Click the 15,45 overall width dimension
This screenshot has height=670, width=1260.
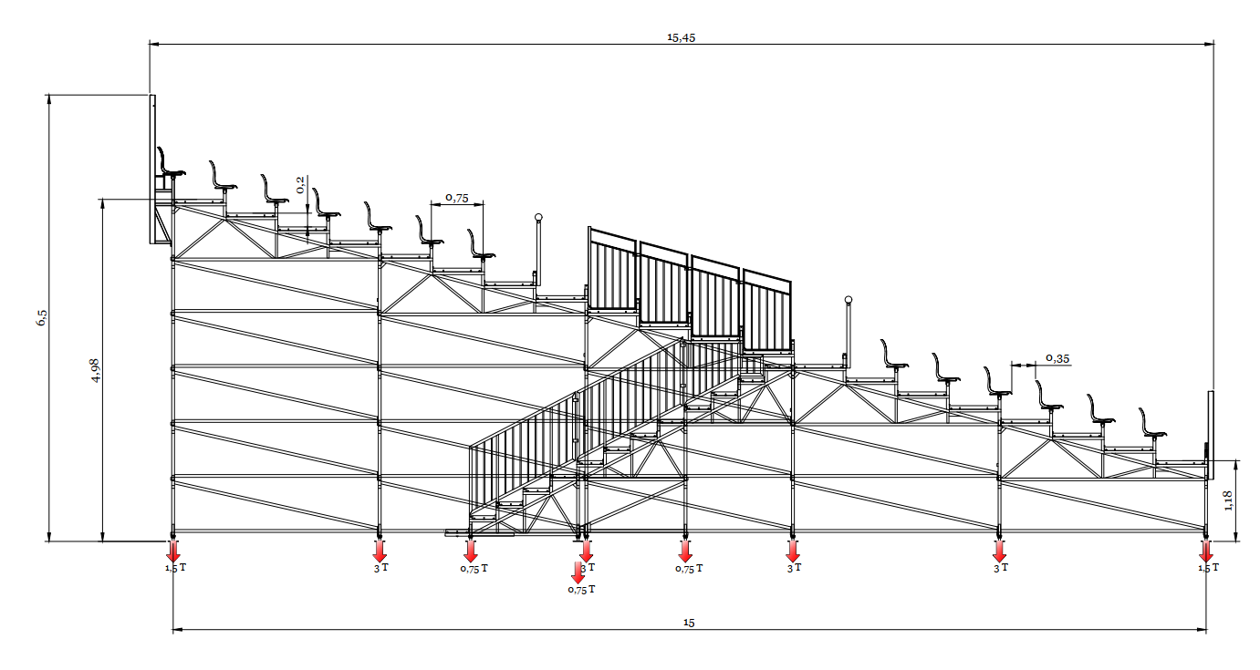(682, 37)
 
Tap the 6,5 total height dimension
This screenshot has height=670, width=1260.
(41, 317)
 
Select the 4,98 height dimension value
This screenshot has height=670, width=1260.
(96, 369)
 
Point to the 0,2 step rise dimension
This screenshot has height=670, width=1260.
(301, 187)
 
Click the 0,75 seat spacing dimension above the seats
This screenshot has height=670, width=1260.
(456, 197)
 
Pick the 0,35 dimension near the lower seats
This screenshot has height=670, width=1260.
(1057, 358)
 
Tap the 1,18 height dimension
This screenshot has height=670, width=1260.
(1228, 500)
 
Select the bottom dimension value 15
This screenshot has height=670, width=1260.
(689, 623)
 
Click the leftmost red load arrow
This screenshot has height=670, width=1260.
(173, 551)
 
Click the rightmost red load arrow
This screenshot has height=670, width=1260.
(1206, 551)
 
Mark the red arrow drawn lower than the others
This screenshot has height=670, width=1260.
(578, 572)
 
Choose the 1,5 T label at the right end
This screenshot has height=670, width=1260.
(1208, 568)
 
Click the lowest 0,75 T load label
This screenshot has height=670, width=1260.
(581, 590)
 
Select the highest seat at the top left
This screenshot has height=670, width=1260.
(170, 164)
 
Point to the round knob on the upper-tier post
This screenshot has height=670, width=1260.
(538, 217)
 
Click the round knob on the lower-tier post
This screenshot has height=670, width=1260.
(849, 300)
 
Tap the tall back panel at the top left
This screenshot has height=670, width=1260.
(152, 169)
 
